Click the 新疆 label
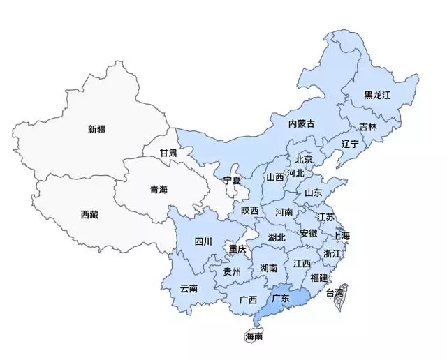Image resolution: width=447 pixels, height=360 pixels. click(x=96, y=129)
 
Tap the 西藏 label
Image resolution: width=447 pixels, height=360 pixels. click(x=89, y=214)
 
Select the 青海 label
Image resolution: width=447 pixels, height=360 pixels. click(x=159, y=189)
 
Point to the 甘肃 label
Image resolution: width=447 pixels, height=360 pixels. click(x=168, y=153)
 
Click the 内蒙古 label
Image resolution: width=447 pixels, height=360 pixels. click(x=302, y=123)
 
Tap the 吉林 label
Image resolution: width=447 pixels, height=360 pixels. click(x=367, y=127)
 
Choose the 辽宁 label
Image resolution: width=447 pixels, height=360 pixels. click(x=350, y=144)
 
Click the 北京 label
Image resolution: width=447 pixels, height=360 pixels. click(x=304, y=159)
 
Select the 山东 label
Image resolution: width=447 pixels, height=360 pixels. click(x=313, y=193)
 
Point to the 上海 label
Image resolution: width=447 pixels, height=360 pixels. click(x=342, y=236)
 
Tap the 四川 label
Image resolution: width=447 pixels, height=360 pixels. click(x=203, y=241)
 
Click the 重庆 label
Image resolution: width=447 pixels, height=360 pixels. click(x=238, y=248)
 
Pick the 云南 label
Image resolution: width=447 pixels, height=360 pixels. click(x=189, y=288)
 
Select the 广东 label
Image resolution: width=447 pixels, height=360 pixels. click(x=281, y=299)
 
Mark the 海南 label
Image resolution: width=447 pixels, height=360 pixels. click(x=254, y=337)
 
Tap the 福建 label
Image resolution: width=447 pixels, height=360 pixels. click(x=319, y=278)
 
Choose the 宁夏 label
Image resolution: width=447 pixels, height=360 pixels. click(x=231, y=180)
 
